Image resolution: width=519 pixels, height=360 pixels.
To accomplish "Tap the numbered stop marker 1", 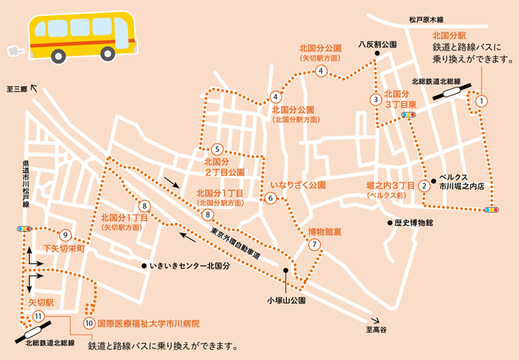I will (482, 100).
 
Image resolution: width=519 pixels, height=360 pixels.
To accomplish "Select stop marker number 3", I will (376, 99).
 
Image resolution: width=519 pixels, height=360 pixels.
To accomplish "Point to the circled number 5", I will (218, 149).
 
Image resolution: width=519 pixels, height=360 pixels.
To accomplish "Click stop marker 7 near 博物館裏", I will (314, 245).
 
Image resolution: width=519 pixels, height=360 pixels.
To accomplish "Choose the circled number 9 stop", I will (66, 234).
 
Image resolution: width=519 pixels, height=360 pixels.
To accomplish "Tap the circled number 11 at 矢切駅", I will (39, 316).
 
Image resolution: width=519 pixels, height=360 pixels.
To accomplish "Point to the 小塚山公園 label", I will (285, 300).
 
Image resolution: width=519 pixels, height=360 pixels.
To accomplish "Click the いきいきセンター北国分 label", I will (190, 265).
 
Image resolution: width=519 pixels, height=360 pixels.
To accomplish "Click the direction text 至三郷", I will (16, 89).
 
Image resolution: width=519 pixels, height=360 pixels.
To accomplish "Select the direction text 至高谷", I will (376, 329).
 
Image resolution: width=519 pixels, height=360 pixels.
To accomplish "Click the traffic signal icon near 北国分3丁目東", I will (409, 114).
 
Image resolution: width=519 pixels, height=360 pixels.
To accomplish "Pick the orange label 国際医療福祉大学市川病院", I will (148, 323).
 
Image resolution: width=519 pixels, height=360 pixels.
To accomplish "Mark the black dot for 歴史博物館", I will (388, 223).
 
